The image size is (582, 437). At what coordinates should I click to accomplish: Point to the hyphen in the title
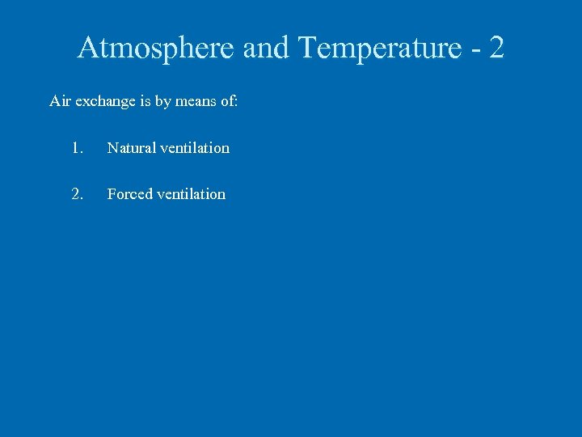click(475, 51)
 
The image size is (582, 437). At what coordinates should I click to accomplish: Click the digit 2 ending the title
click(496, 49)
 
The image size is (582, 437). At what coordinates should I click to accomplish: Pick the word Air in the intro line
click(60, 101)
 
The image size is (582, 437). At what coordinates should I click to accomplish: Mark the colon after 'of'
click(236, 103)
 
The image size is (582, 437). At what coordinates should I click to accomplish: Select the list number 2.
click(77, 194)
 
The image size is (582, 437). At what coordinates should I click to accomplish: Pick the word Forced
click(129, 194)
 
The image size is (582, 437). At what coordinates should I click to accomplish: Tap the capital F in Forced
click(112, 194)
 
